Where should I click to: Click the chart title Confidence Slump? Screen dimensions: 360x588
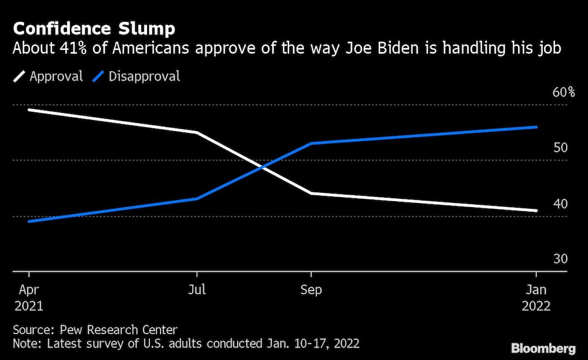coord(93,29)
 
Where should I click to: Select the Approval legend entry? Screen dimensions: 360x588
coord(56,76)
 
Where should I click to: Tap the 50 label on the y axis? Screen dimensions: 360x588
coord(560,148)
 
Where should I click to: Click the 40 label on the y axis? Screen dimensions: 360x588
coord(560,204)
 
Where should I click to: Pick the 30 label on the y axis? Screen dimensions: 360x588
coord(560,259)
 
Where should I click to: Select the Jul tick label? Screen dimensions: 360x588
coord(197,291)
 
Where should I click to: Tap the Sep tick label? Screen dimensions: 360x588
coord(311,291)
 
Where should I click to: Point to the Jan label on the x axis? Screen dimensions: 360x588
coord(536,291)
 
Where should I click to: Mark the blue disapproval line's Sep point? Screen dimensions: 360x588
coord(311,143)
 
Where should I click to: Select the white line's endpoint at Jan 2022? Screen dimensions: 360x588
coord(536,210)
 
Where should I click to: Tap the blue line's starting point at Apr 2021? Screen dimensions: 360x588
coord(28,221)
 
